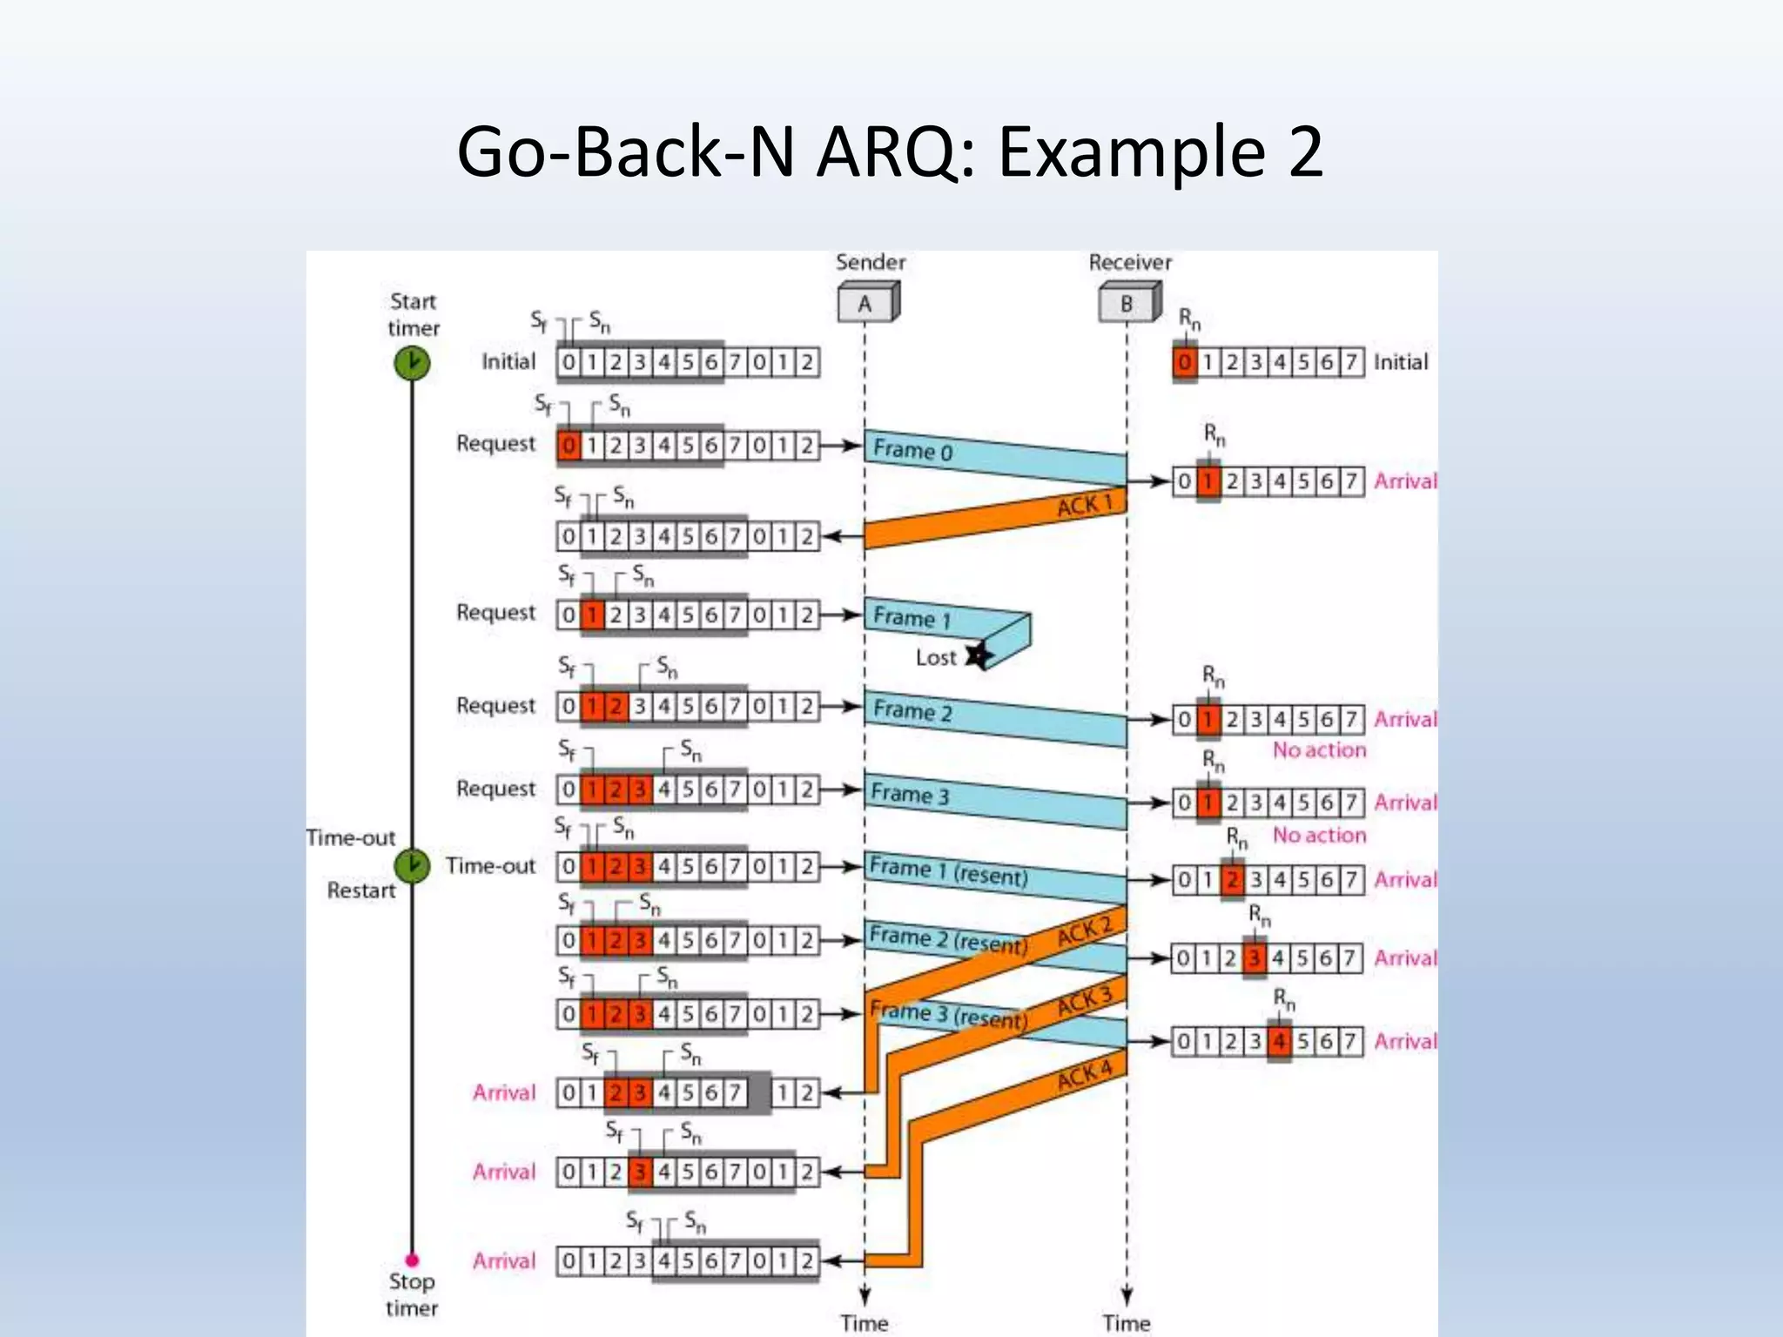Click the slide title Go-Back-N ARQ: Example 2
pos(890,151)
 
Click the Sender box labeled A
pos(866,304)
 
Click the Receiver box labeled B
pos(1127,304)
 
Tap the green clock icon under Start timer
pos(412,363)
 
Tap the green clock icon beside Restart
pos(412,865)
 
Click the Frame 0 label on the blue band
pos(912,450)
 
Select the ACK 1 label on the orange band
pos(1084,505)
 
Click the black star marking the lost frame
pos(979,655)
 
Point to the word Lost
pos(936,658)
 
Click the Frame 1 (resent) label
pos(948,871)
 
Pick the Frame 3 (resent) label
pos(948,1015)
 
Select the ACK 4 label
pos(1085,1076)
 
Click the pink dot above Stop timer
pos(412,1260)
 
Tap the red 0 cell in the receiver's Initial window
pos(1184,362)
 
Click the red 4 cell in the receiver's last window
pos(1279,1041)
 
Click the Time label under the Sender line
pos(865,1323)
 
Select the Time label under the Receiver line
pos(1127,1323)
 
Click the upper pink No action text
pos(1319,750)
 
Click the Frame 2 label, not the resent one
pos(912,711)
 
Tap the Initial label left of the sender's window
pos(508,362)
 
